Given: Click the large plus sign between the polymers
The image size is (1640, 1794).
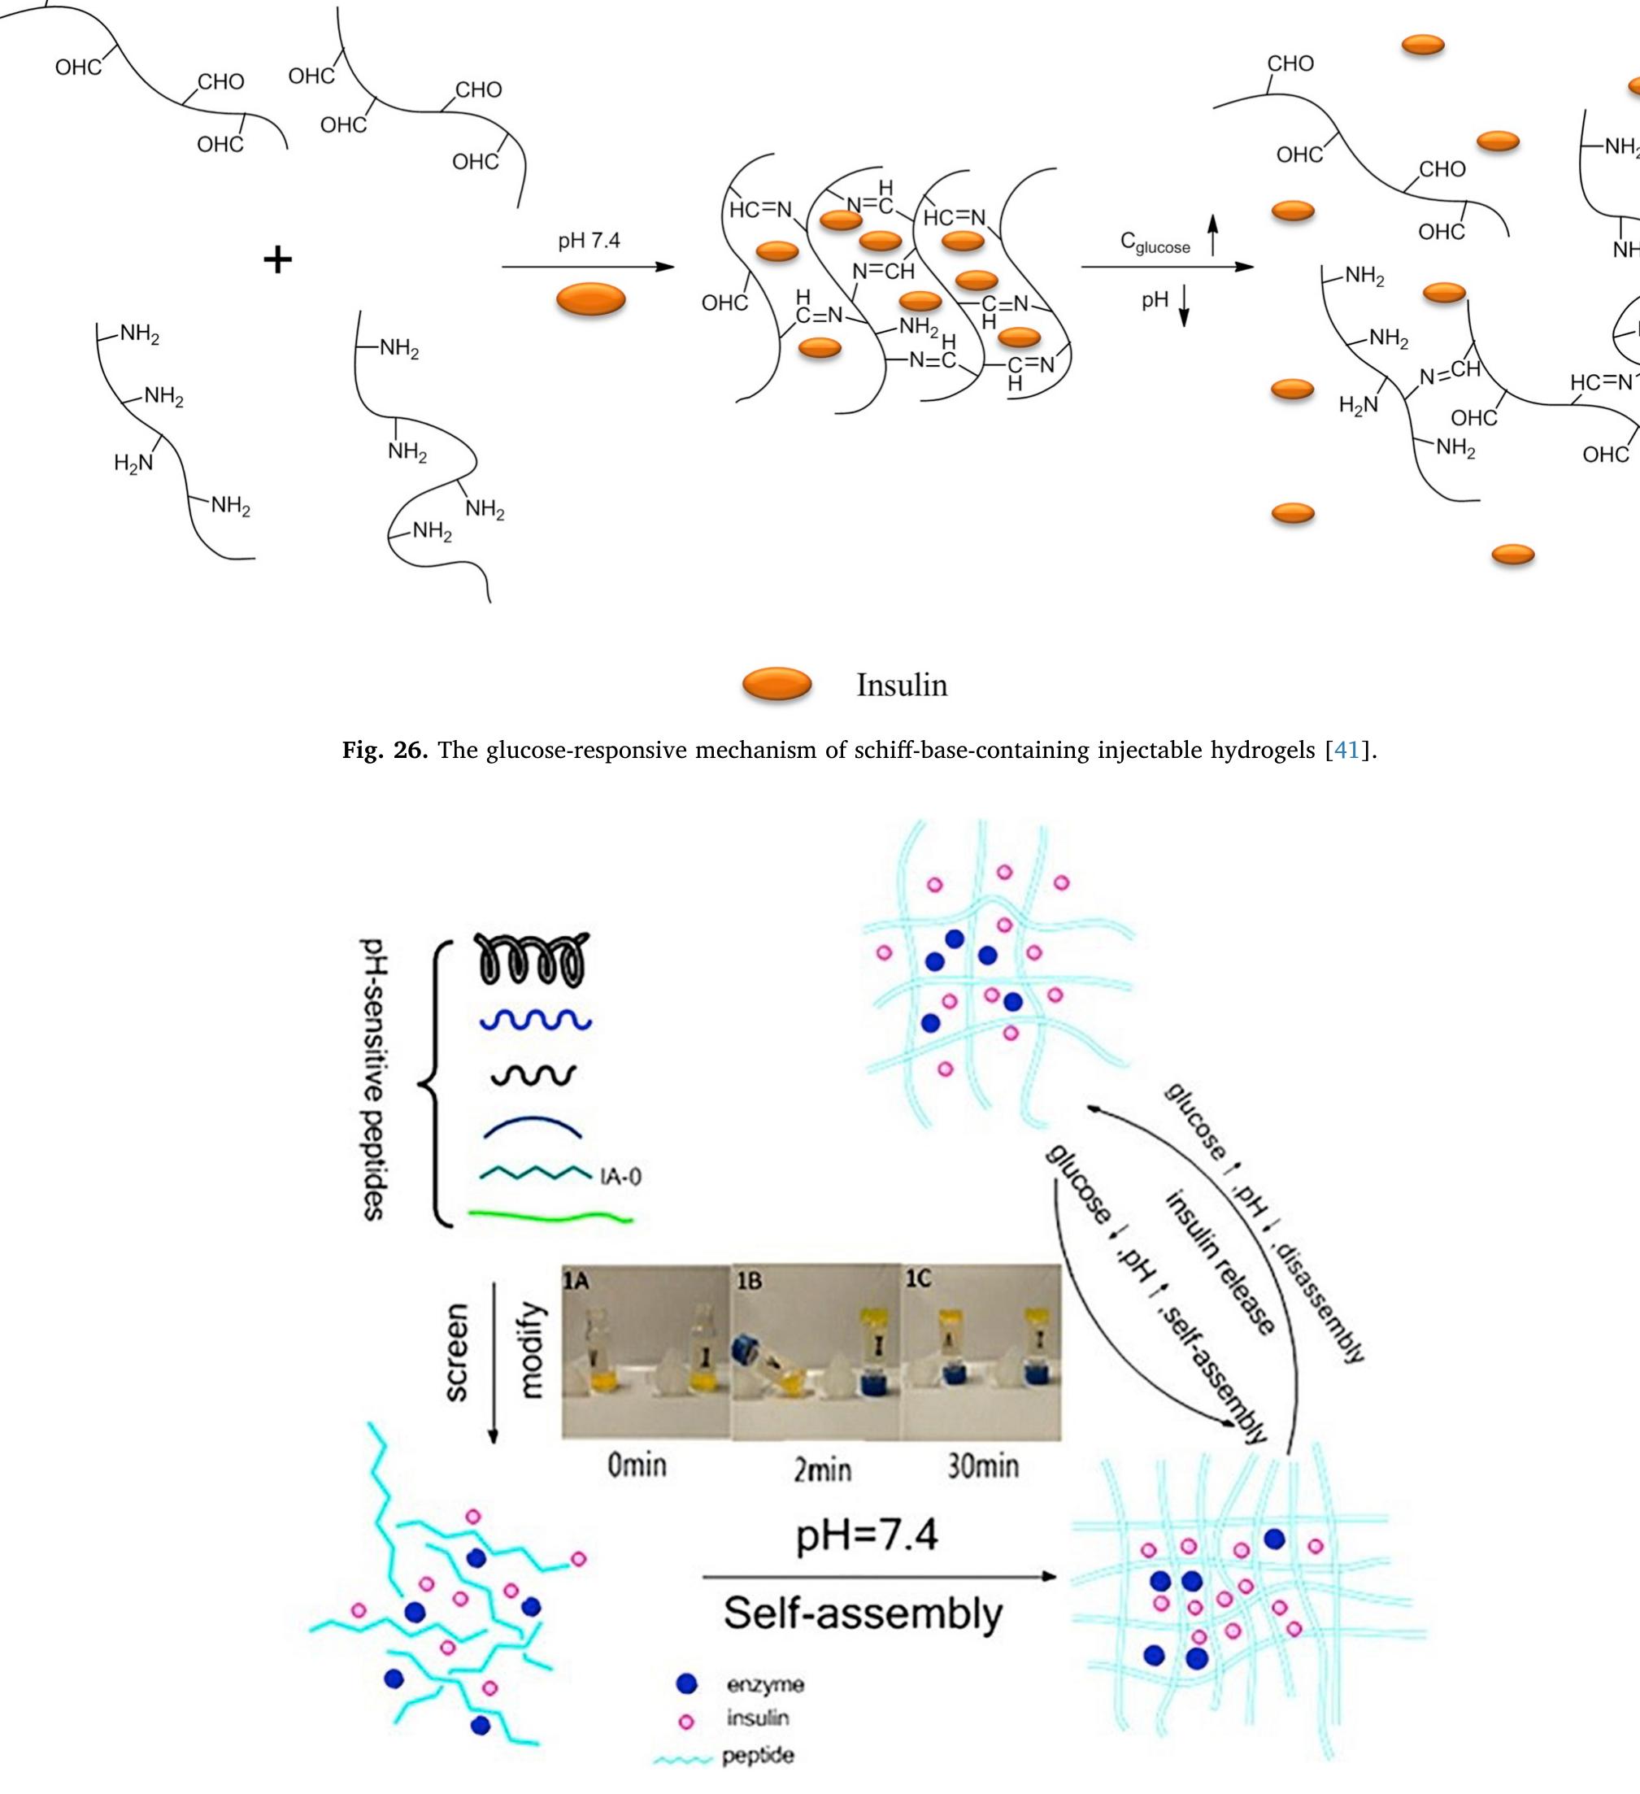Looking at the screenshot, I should coord(277,260).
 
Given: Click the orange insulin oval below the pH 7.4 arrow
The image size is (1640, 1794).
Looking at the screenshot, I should coord(591,300).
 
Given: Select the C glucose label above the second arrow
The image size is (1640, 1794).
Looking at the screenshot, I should coord(1155,243).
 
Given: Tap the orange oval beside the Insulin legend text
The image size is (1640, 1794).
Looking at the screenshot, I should coord(776,683).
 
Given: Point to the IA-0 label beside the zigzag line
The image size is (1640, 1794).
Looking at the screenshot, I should coord(621,1177).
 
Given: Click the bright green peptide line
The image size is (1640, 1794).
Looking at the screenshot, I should coord(550,1216).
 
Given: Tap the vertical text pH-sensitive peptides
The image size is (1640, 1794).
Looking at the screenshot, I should coord(374,1080).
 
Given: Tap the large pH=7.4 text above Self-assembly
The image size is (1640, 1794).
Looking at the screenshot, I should coord(866,1536).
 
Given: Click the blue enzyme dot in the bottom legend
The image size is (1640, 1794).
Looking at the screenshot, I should coord(686,1683).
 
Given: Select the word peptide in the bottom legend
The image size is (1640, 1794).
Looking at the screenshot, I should coord(757,1757).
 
